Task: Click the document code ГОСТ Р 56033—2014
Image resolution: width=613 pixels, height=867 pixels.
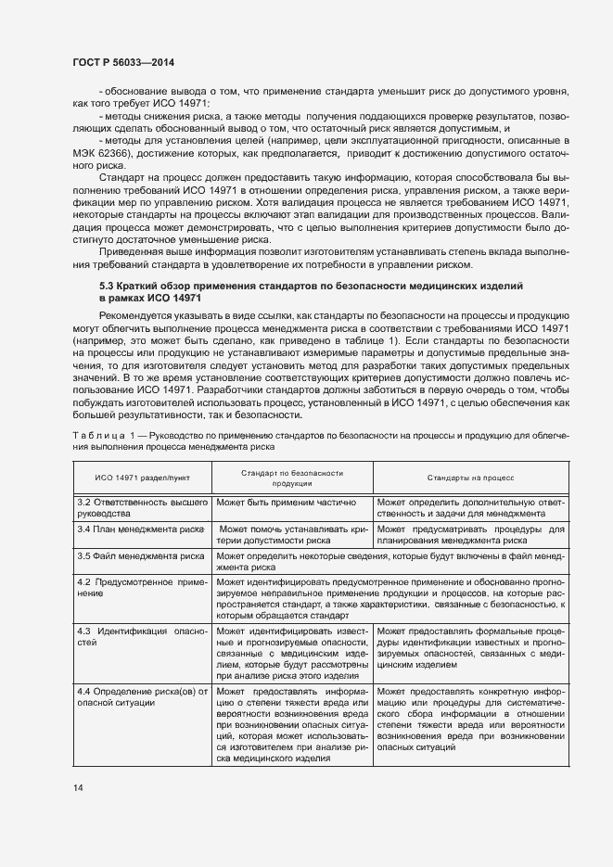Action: (123, 62)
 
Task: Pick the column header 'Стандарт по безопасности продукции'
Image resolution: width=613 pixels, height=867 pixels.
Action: (292, 478)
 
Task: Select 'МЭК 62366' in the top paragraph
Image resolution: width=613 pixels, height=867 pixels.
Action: (105, 152)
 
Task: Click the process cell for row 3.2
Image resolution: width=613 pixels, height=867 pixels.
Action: (470, 507)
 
